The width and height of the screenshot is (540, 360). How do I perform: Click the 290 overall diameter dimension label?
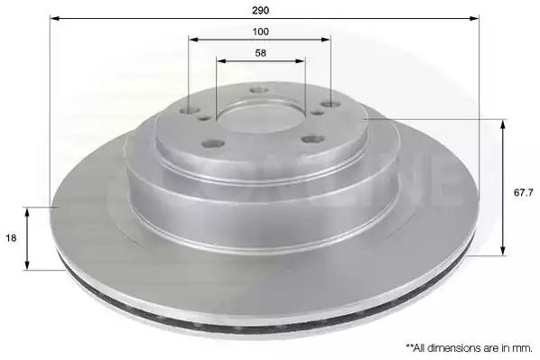click(260, 11)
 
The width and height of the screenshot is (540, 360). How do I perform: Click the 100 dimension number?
click(260, 32)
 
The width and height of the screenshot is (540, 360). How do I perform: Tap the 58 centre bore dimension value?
click(260, 53)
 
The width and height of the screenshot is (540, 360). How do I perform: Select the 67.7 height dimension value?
click(524, 193)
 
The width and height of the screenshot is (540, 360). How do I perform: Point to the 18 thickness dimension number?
click(11, 238)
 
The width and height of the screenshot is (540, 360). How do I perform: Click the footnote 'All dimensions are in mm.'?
click(470, 348)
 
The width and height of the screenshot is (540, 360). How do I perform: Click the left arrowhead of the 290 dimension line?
click(55, 18)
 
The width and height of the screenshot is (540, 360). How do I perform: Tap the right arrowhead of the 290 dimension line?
click(475, 18)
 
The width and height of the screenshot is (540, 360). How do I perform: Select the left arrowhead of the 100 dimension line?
click(193, 40)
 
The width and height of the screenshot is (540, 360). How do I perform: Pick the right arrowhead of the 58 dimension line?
click(301, 61)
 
